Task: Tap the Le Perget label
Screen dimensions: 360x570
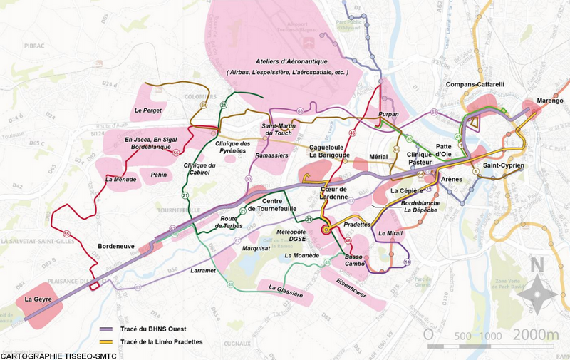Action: tap(148, 111)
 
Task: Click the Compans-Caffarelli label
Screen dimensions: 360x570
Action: tap(475, 85)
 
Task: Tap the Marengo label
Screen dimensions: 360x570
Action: tap(549, 101)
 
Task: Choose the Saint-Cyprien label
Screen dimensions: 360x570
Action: tap(503, 166)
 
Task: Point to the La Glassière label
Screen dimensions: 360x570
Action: tap(286, 291)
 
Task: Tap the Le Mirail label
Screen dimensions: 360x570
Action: tap(392, 234)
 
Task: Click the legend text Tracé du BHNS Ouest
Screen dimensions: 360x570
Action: tap(152, 330)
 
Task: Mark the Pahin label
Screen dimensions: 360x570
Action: tap(158, 173)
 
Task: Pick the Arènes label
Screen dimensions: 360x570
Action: tap(452, 180)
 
